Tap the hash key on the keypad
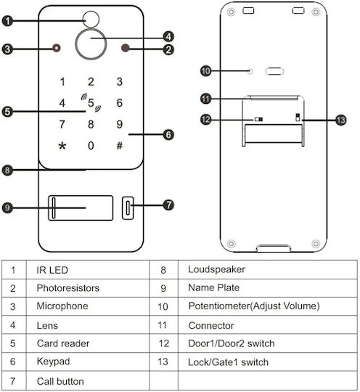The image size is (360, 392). click(120, 145)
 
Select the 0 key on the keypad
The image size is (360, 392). click(91, 145)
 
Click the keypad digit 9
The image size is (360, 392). click(120, 124)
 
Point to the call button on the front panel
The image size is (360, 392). click(128, 208)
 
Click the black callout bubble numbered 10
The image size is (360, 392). click(205, 71)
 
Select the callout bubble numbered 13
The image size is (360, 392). click(341, 121)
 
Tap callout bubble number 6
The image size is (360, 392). click(168, 135)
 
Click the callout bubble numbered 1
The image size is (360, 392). click(7, 21)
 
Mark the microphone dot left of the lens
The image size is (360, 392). click(57, 48)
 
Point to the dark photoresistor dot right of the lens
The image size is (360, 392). click(126, 48)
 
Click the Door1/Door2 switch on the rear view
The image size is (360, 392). click(258, 119)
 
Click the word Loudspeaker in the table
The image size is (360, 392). click(216, 269)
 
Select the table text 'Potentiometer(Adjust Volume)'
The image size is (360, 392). click(254, 306)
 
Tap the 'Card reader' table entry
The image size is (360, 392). click(63, 343)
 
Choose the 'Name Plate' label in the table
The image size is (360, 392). click(213, 287)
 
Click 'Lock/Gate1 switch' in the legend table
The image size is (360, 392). click(228, 362)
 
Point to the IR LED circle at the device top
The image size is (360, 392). click(91, 19)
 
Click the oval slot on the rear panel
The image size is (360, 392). click(274, 71)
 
